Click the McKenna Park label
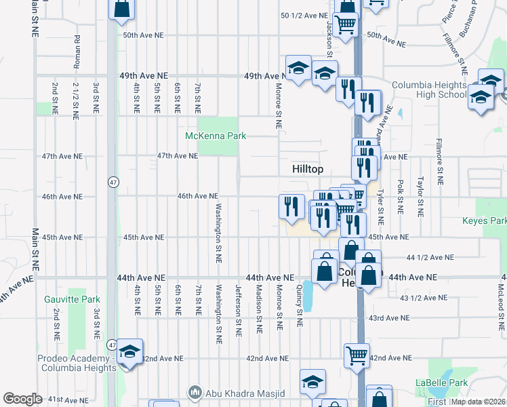(x=216, y=136)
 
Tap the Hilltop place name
(x=308, y=168)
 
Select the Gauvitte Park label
(x=72, y=299)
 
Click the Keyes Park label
(x=484, y=221)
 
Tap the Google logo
(x=22, y=399)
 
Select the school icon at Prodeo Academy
(x=129, y=352)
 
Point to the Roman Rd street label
(x=77, y=52)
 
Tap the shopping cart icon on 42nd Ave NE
(x=357, y=355)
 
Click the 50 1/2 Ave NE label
(x=303, y=15)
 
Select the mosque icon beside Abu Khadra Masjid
(x=195, y=393)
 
